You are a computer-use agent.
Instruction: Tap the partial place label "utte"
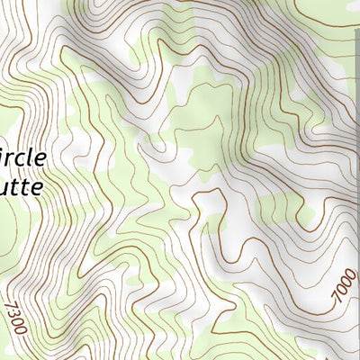click(x=23, y=189)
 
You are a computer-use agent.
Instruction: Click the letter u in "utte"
click(x=6, y=190)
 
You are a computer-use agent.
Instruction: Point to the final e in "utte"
click(x=39, y=190)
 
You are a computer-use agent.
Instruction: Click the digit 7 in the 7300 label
click(x=11, y=303)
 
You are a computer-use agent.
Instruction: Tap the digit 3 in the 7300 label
click(x=13, y=312)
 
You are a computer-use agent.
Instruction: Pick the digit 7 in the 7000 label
click(x=336, y=300)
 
